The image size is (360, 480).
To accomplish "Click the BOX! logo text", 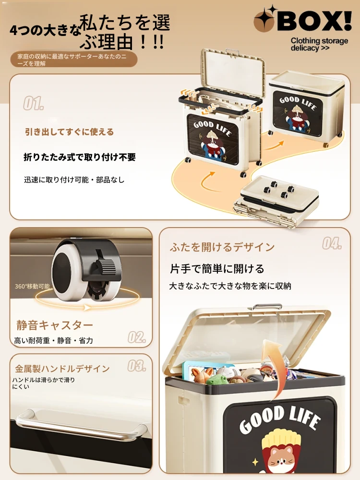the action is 315,21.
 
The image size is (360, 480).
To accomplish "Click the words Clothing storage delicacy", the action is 319,44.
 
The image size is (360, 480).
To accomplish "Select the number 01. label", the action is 34,104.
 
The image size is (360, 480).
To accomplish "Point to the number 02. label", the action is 136,337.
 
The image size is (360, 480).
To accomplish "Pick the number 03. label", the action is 136,365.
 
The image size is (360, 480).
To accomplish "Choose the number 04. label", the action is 332,243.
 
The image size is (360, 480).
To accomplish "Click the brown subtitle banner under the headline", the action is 74,60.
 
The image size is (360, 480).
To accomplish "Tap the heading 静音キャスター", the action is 55,325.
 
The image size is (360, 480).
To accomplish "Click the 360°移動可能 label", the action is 32,286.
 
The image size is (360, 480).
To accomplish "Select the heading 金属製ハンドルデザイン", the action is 62,369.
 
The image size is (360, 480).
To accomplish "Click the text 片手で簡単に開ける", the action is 217,268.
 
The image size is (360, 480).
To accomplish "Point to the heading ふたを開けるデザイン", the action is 222,247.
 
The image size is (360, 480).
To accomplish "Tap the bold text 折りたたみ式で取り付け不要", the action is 80,157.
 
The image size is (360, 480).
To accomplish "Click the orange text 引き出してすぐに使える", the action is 70,132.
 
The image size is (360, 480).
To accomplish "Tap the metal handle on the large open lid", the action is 267,307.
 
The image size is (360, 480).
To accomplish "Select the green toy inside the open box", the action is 218,380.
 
